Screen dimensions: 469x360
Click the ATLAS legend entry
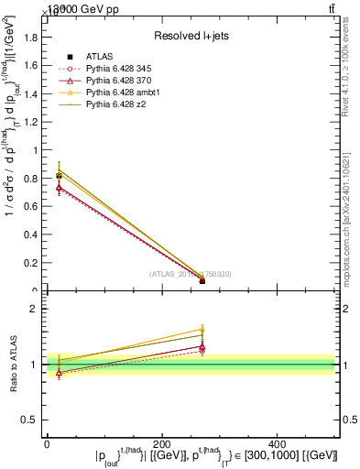click(x=99, y=57)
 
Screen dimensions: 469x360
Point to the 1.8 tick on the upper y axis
click(x=35, y=38)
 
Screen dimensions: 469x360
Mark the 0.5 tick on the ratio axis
click(x=33, y=420)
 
